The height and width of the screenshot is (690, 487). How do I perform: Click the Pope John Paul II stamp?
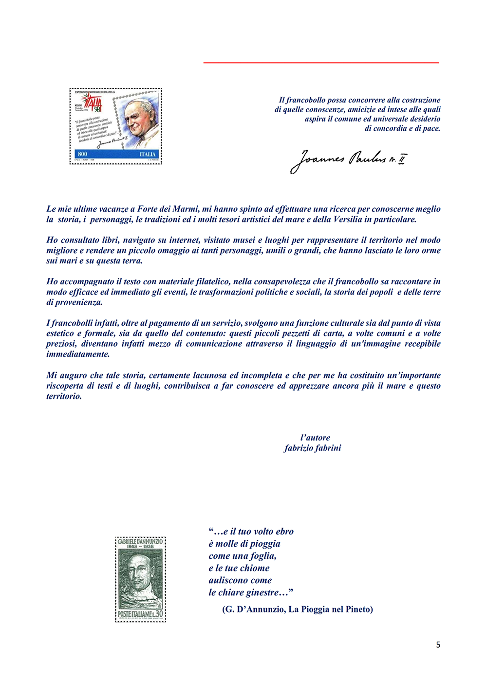(x=115, y=126)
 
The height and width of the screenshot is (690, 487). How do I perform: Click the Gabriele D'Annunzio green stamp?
(x=140, y=579)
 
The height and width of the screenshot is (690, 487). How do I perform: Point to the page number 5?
(x=438, y=645)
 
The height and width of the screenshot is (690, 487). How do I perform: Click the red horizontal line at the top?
(x=321, y=63)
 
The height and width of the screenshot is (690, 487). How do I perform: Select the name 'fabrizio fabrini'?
(x=313, y=448)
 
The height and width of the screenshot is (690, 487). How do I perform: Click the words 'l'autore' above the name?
(x=315, y=437)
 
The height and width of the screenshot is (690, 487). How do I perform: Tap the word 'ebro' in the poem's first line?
(x=284, y=532)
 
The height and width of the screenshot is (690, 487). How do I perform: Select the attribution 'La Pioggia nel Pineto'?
(x=331, y=609)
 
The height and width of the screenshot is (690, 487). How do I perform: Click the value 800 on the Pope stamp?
(x=83, y=154)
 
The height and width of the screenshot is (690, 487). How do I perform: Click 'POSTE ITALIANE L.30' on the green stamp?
(x=140, y=614)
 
